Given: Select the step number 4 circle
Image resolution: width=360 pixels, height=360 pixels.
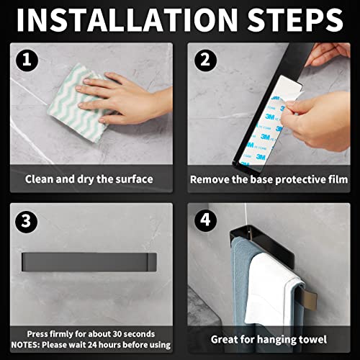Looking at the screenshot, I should (x=205, y=221).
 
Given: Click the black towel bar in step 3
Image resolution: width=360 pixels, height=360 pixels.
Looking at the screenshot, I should (x=89, y=261).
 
